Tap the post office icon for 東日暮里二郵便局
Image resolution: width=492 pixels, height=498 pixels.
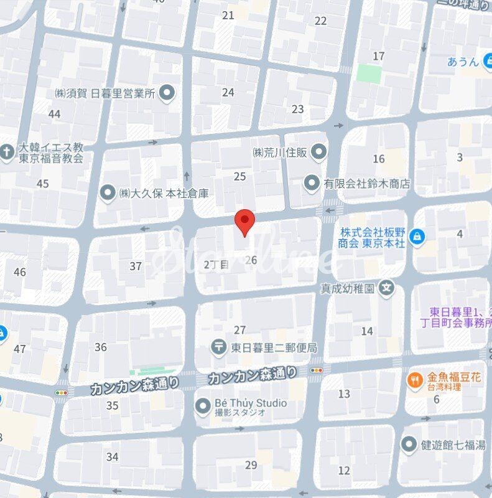[x=218, y=347]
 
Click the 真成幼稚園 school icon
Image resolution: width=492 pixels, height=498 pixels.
[x=387, y=288]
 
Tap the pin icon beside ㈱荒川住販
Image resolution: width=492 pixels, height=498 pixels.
[x=318, y=151]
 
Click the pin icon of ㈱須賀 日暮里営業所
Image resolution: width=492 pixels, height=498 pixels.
[x=166, y=94]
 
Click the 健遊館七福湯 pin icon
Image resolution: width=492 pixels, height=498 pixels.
[x=409, y=444]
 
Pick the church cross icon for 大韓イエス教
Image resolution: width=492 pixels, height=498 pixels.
[x=7, y=152]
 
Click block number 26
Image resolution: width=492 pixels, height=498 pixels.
[x=251, y=260]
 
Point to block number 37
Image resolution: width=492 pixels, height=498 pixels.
[x=136, y=266]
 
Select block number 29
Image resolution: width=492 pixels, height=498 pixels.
[x=251, y=465]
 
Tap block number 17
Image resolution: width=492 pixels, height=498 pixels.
[x=379, y=57]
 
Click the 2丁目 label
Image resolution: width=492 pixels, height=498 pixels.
[x=216, y=265]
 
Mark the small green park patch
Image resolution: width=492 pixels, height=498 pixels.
[x=369, y=73]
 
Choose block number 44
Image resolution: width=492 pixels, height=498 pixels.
[x=55, y=114]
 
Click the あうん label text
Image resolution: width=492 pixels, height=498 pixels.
[x=463, y=62]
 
